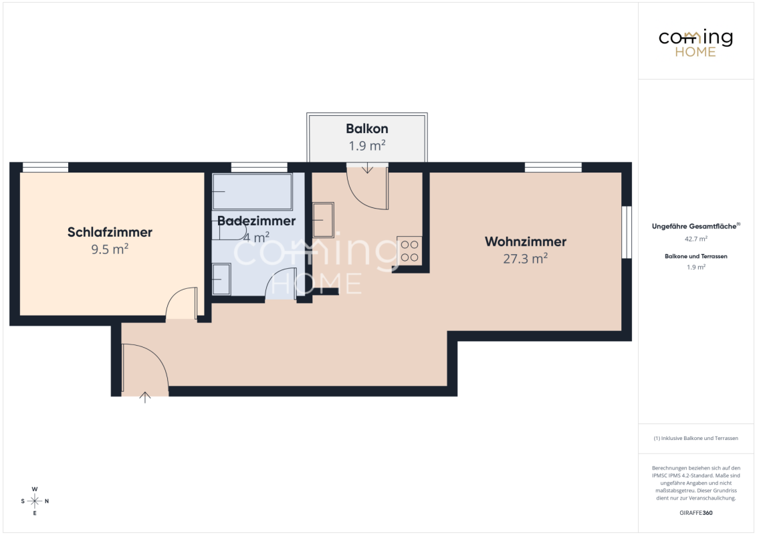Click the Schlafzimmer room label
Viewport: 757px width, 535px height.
(110, 232)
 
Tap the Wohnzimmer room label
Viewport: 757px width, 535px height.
(525, 241)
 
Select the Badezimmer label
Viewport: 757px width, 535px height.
(256, 221)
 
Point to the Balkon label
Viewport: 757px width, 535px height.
(367, 129)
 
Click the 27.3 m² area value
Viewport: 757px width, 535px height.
(525, 258)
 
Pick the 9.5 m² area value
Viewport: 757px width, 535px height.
(110, 249)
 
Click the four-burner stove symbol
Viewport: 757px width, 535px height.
(409, 251)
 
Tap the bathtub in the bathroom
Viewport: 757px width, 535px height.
(252, 192)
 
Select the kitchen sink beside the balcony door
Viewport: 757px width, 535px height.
(323, 220)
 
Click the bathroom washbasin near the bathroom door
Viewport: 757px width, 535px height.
(221, 279)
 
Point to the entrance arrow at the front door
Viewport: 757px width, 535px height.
(145, 397)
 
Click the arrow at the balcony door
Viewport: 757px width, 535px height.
(367, 168)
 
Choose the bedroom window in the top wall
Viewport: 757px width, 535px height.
(45, 168)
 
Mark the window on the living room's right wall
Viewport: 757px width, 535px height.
(626, 232)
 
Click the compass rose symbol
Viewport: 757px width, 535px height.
(35, 501)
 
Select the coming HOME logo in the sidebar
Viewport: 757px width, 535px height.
(695, 43)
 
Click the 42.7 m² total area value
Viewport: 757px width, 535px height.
(695, 239)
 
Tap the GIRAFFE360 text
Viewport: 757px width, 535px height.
(695, 513)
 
